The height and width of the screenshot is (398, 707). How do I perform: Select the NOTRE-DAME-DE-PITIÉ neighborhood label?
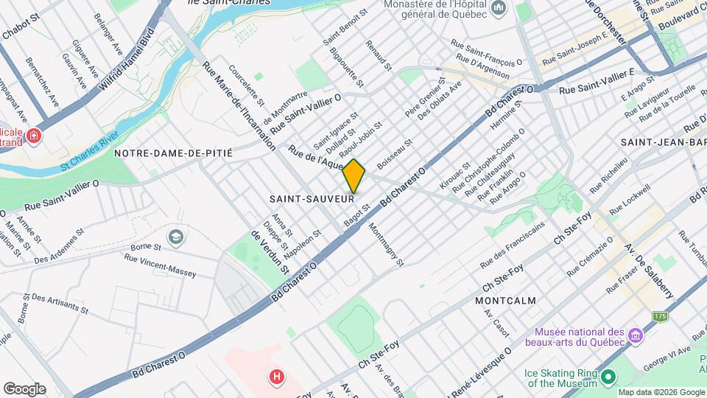click(173, 153)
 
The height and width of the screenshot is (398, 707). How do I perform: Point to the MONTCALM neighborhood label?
click(505, 301)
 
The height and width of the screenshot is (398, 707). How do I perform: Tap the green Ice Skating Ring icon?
click(608, 377)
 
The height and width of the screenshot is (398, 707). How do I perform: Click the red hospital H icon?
click(277, 377)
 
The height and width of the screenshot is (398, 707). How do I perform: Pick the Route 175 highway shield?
click(659, 316)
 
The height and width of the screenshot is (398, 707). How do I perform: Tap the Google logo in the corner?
click(24, 389)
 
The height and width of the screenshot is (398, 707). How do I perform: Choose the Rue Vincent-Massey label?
click(160, 266)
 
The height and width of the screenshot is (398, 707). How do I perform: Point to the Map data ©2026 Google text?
click(661, 392)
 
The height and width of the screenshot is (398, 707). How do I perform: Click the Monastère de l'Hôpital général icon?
click(499, 8)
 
